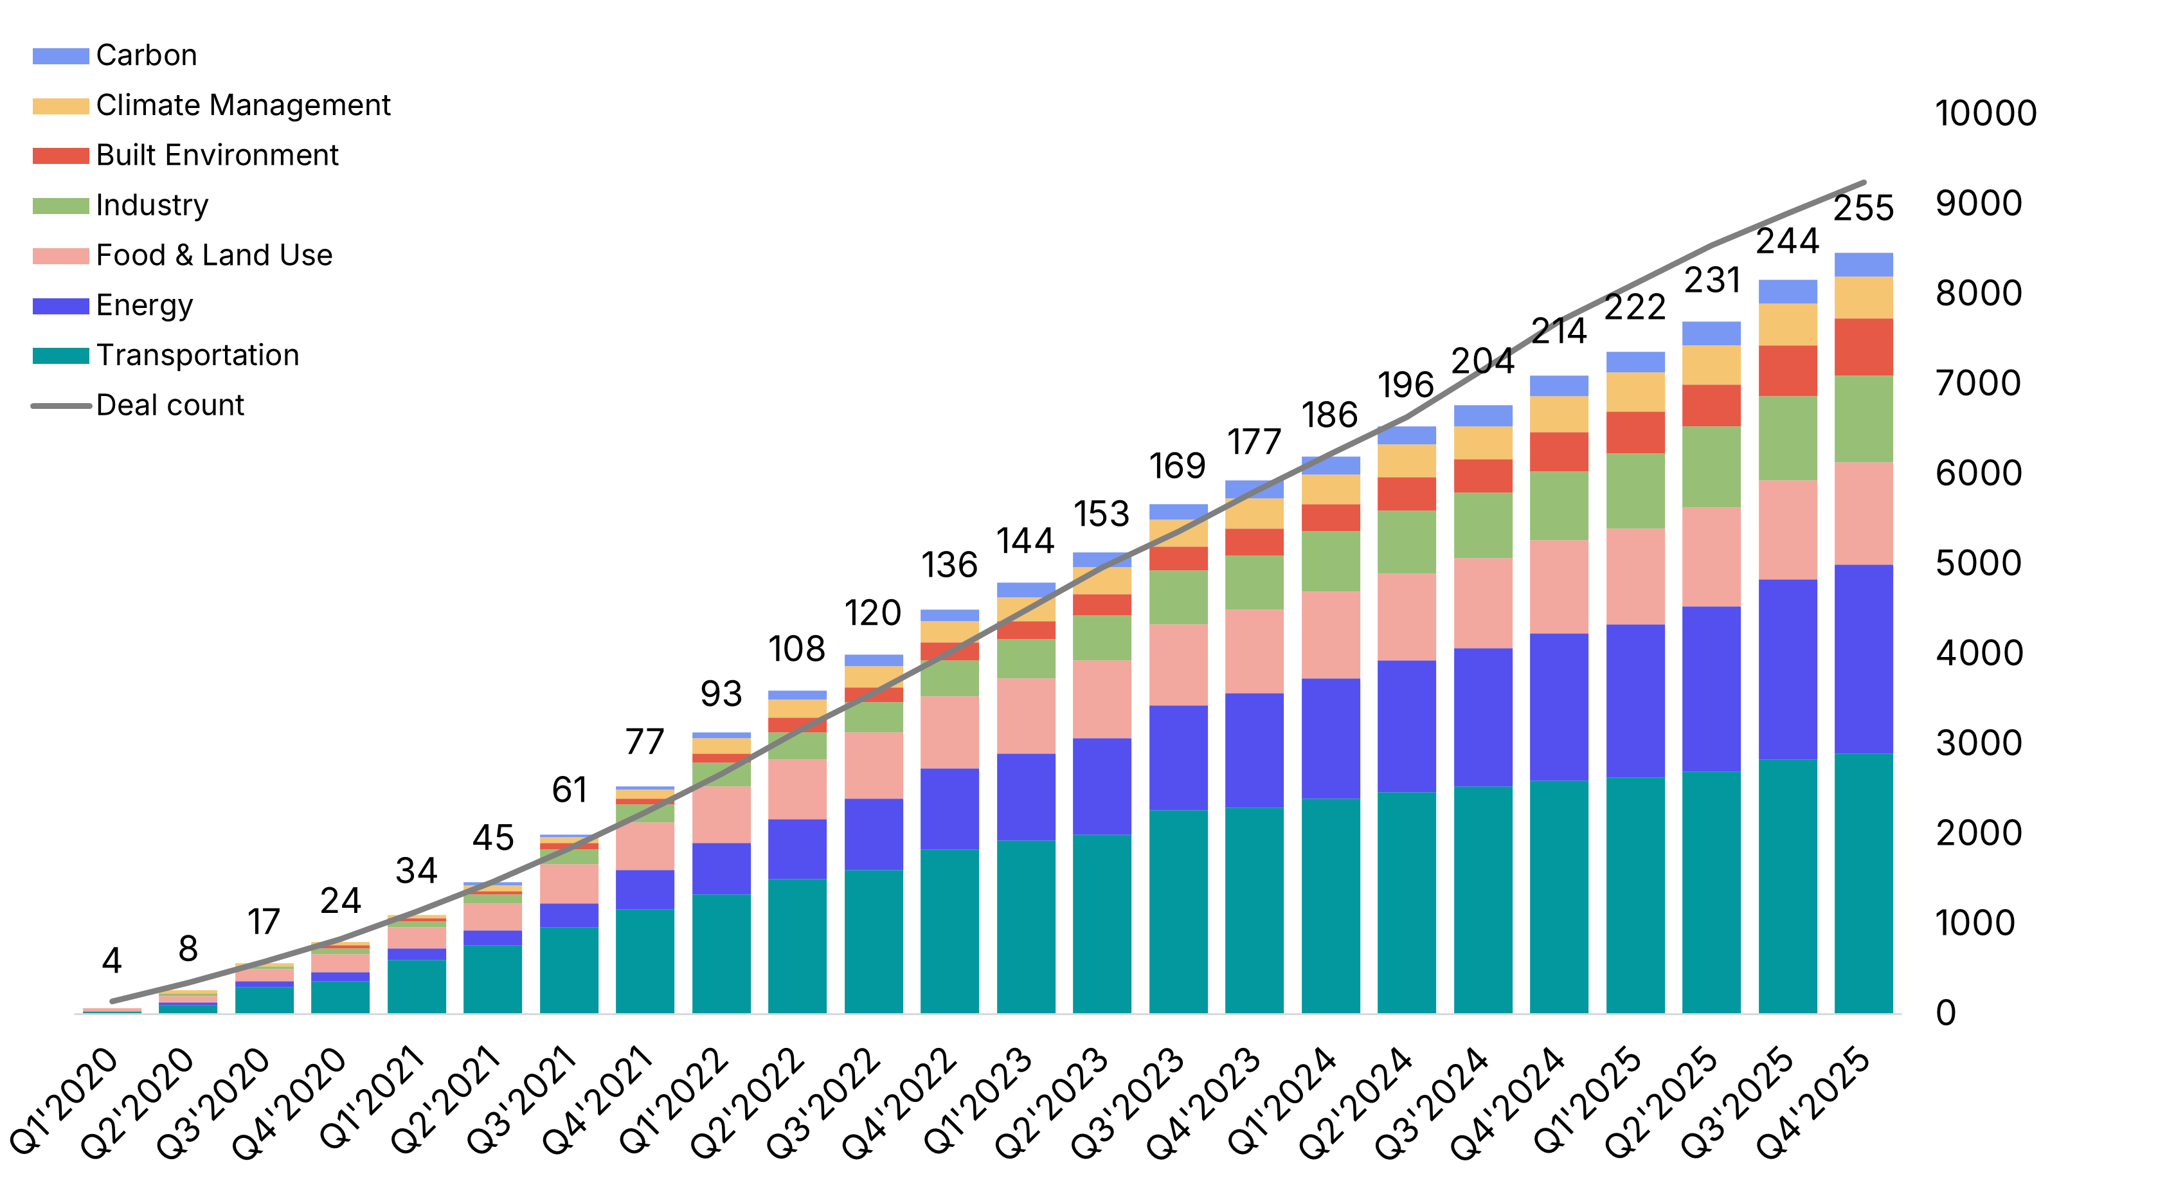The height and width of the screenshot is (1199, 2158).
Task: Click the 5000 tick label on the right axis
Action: coord(1979,564)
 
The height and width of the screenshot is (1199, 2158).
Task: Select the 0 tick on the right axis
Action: coord(1946,1014)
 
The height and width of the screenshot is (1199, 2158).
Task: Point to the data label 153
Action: coord(1102,514)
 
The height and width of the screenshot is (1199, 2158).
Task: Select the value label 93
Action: coord(721,694)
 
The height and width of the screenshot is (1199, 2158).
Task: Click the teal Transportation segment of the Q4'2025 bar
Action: coord(1863,884)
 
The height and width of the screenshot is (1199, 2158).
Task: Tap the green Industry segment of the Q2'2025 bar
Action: coord(1711,467)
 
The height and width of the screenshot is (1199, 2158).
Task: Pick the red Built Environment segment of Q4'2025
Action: coord(1863,347)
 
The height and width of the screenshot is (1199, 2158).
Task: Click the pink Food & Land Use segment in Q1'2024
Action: coord(1330,635)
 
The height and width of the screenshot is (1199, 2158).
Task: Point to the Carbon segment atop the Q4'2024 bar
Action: coord(1558,386)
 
